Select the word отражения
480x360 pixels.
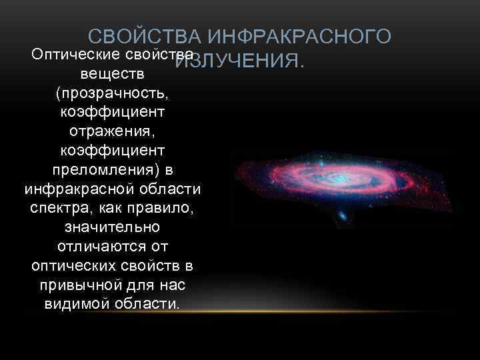coord(111,126)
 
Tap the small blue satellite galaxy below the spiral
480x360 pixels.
coord(342,217)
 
